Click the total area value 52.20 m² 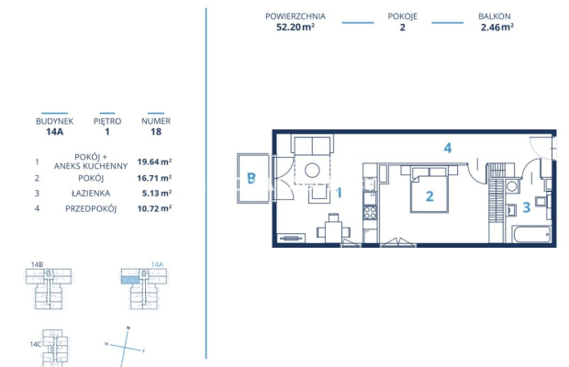295,28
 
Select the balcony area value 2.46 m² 496,28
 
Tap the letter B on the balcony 249,178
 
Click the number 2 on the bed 428,195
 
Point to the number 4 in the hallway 447,148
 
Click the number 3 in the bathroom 527,207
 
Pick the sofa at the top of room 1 315,145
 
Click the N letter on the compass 128,328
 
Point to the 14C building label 35,344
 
